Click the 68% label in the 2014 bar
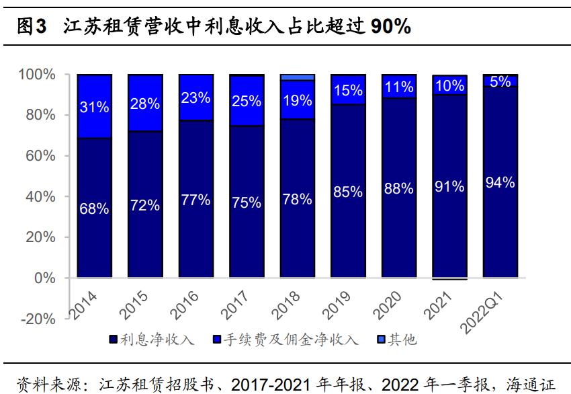(94, 209)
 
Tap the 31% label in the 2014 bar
(94, 107)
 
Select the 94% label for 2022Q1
(500, 182)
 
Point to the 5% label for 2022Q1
(500, 81)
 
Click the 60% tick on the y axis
(42, 156)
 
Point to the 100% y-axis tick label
(38, 74)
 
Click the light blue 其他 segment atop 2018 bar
(297, 77)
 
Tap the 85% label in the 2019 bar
(348, 192)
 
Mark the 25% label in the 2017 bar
(247, 102)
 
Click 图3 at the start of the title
(31, 26)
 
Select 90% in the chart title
(390, 26)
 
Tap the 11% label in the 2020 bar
(398, 87)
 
